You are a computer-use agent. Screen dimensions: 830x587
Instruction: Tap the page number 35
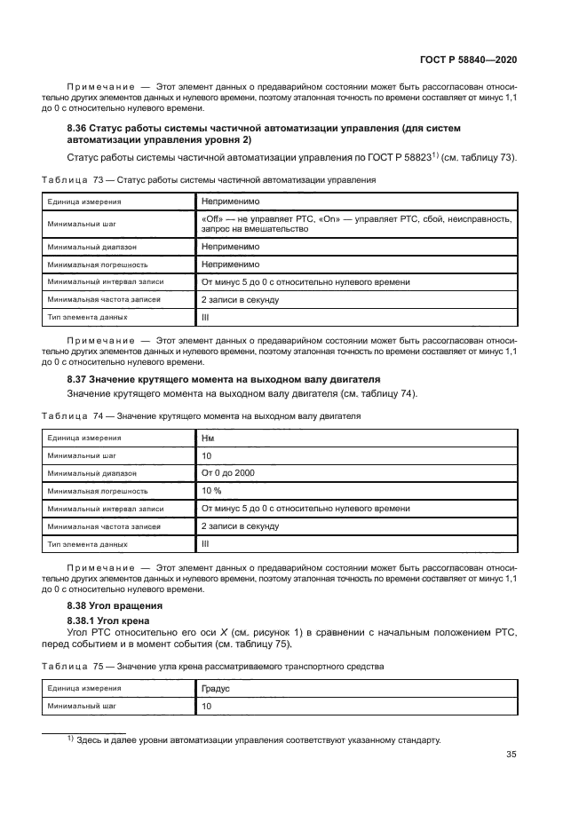(x=511, y=755)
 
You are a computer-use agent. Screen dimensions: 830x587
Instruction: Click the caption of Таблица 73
(x=209, y=179)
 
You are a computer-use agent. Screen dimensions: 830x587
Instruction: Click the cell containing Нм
(x=208, y=438)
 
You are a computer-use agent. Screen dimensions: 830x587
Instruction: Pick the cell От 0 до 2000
(x=228, y=473)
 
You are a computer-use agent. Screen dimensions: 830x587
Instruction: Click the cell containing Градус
(x=216, y=688)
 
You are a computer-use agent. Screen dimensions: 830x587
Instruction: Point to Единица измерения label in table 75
(x=84, y=688)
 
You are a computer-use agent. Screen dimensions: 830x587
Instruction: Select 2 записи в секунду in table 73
(x=241, y=299)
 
